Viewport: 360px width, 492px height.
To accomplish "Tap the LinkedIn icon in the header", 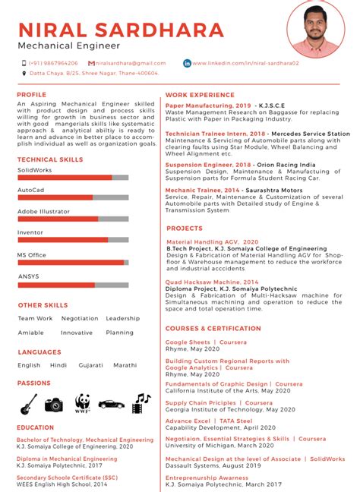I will [x=187, y=63].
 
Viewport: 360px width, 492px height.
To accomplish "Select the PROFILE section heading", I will [x=32, y=95].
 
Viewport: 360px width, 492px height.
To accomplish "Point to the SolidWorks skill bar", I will [x=73, y=177].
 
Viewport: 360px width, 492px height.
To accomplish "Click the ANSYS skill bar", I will [x=73, y=285].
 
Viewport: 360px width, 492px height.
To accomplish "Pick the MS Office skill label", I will [x=32, y=255].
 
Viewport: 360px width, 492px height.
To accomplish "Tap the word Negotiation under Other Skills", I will [x=80, y=319].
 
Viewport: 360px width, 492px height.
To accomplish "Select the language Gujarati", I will [x=90, y=365].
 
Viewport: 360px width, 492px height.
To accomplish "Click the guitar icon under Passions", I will [x=29, y=404].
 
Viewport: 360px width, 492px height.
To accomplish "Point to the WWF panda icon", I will [x=82, y=403].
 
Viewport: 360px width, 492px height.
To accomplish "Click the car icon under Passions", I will [x=111, y=404].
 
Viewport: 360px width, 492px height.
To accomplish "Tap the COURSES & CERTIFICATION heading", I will [x=213, y=328].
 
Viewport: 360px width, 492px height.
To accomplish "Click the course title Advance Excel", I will [x=188, y=421].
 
